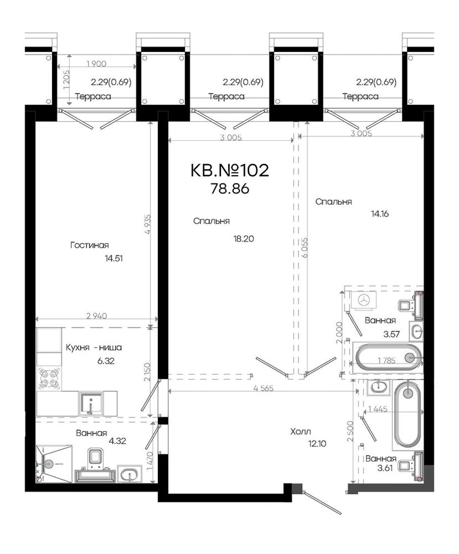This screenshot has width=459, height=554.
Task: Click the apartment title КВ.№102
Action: (x=229, y=171)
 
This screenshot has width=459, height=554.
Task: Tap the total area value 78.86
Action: (x=230, y=189)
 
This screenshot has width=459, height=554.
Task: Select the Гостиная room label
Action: (x=89, y=245)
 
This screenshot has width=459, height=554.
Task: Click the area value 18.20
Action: (x=244, y=239)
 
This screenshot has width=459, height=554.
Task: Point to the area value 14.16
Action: (x=380, y=214)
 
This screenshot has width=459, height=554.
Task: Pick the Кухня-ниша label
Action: (x=94, y=348)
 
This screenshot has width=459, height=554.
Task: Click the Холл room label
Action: (x=300, y=432)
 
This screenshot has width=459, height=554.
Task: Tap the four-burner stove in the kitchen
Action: (x=48, y=378)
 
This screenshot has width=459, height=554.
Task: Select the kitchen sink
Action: (x=91, y=403)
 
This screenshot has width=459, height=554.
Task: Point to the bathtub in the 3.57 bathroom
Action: (x=389, y=358)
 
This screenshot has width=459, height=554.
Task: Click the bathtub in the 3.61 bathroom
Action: (x=408, y=414)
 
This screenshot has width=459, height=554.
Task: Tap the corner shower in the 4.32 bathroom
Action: (x=54, y=463)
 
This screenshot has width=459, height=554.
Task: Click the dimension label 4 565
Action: (x=264, y=388)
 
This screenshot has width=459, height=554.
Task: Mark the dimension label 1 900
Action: (x=96, y=64)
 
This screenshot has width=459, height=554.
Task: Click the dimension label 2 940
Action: (x=97, y=316)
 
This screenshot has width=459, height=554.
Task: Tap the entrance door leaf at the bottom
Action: (x=322, y=502)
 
